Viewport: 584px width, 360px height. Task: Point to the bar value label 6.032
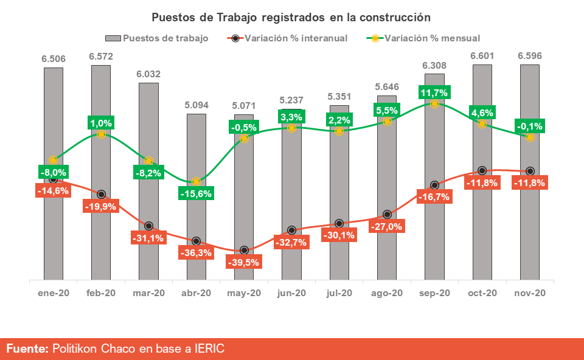coord(148,74)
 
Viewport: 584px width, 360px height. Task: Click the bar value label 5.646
coord(387,86)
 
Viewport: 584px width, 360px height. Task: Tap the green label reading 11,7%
coord(434,93)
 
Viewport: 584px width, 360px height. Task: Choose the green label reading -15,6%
coord(196,193)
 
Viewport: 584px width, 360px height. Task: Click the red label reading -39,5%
coord(243,262)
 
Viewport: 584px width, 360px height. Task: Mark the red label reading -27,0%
coord(387,226)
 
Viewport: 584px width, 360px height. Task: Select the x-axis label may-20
coord(243,293)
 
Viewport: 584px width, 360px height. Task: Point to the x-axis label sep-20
coord(434,293)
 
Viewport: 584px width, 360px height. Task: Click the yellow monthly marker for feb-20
coord(100,133)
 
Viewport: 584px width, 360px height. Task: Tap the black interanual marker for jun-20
coord(291,230)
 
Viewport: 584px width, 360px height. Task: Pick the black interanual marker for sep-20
coord(434,185)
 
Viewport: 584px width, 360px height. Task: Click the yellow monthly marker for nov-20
coord(530,137)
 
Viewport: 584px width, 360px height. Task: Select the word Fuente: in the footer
coord(27,348)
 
